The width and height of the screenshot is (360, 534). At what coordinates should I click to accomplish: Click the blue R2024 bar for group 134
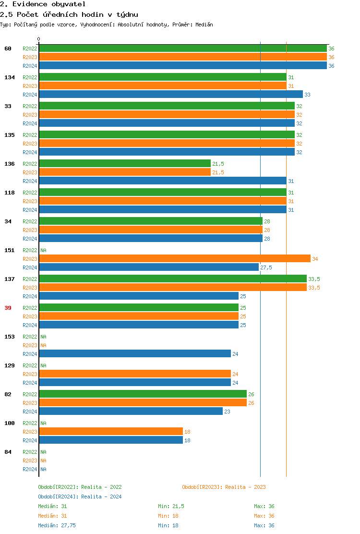point(171,95)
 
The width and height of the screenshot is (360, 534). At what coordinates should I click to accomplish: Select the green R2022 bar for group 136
point(125,164)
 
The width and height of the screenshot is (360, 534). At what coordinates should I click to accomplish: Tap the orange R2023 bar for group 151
point(175,259)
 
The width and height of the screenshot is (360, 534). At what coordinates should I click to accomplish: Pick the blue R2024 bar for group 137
point(139,296)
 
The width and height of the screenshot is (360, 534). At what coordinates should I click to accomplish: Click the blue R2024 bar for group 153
point(135,354)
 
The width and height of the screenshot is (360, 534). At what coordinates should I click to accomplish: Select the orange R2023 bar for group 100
point(111,432)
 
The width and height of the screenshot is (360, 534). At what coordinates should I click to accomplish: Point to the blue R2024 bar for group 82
point(131,412)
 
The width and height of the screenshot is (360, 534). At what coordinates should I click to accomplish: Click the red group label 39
point(8,308)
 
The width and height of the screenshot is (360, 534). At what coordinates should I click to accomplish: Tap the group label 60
point(8,49)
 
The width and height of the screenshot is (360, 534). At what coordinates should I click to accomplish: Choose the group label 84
point(8,452)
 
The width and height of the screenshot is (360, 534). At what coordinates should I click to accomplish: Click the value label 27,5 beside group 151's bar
point(266,267)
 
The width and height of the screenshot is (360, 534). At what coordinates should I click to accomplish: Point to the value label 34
point(315,259)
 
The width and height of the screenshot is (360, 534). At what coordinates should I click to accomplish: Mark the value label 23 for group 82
point(228,412)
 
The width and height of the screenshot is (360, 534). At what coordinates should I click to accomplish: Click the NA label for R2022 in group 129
point(43,365)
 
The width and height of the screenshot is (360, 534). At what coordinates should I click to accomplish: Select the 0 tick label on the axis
point(39,39)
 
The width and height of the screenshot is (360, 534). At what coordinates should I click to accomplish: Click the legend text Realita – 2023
point(245,487)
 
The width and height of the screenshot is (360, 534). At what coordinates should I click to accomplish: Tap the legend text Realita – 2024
point(101,497)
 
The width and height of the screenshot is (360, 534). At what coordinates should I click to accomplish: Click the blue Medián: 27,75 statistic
point(57,525)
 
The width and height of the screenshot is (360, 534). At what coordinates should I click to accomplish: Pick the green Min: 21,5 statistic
point(171,506)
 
